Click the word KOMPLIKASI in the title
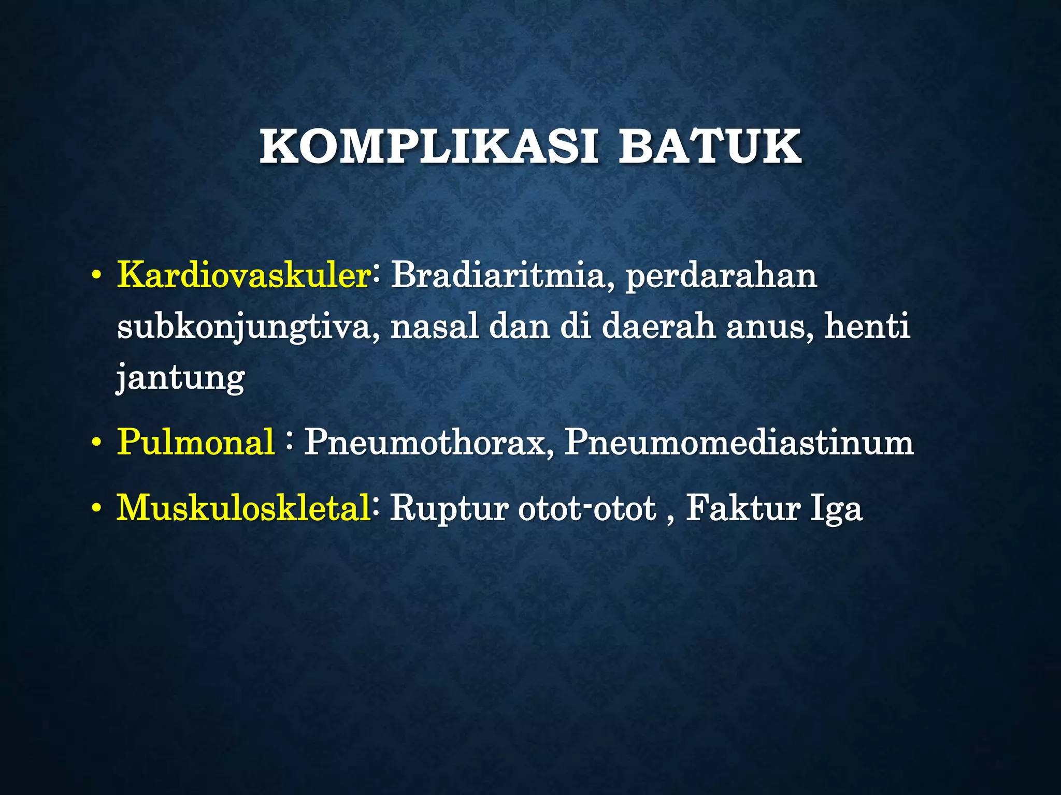428,148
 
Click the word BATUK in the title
710,148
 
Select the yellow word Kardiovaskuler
243,275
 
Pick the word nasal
434,327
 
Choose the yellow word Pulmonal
195,443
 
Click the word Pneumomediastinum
739,443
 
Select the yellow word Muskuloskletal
243,508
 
